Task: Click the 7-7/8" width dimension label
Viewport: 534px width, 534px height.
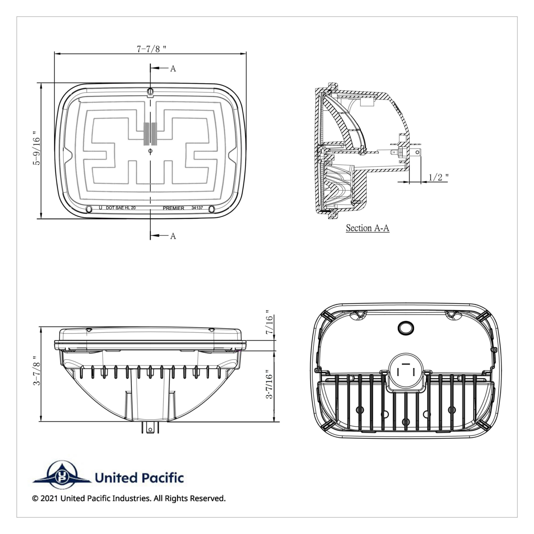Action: click(151, 49)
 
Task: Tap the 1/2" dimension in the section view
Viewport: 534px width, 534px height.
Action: click(438, 177)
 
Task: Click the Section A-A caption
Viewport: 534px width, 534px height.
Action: click(368, 228)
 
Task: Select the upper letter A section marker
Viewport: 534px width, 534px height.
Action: click(173, 69)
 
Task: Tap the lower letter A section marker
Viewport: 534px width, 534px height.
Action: click(173, 236)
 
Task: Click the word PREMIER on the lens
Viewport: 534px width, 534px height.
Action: click(173, 208)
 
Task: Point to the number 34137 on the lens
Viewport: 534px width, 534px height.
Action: click(197, 208)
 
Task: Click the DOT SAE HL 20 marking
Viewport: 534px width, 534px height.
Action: click(121, 208)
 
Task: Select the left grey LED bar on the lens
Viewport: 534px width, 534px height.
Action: click(146, 134)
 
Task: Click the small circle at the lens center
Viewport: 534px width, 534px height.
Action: click(150, 151)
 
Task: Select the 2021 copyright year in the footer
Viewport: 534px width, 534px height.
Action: click(49, 498)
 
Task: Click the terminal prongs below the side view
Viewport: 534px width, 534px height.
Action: click(150, 428)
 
